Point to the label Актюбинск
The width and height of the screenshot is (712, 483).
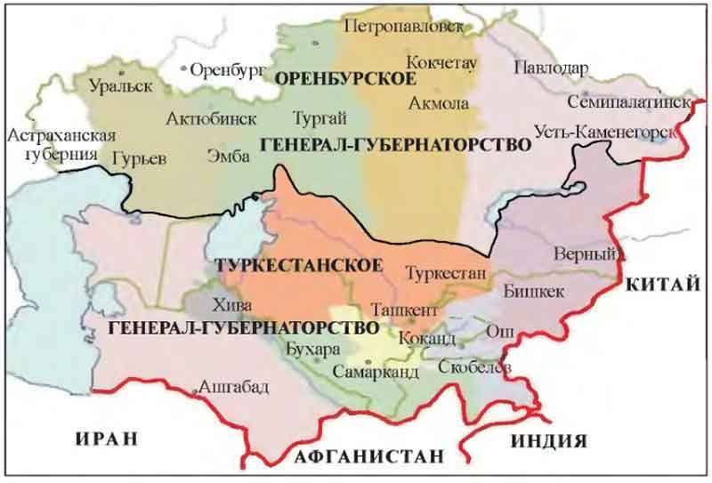pos(211,117)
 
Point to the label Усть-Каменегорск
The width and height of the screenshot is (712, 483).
pos(602,131)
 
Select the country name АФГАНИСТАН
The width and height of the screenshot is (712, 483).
pos(368,457)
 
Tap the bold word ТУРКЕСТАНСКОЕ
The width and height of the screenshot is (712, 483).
pos(298,266)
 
